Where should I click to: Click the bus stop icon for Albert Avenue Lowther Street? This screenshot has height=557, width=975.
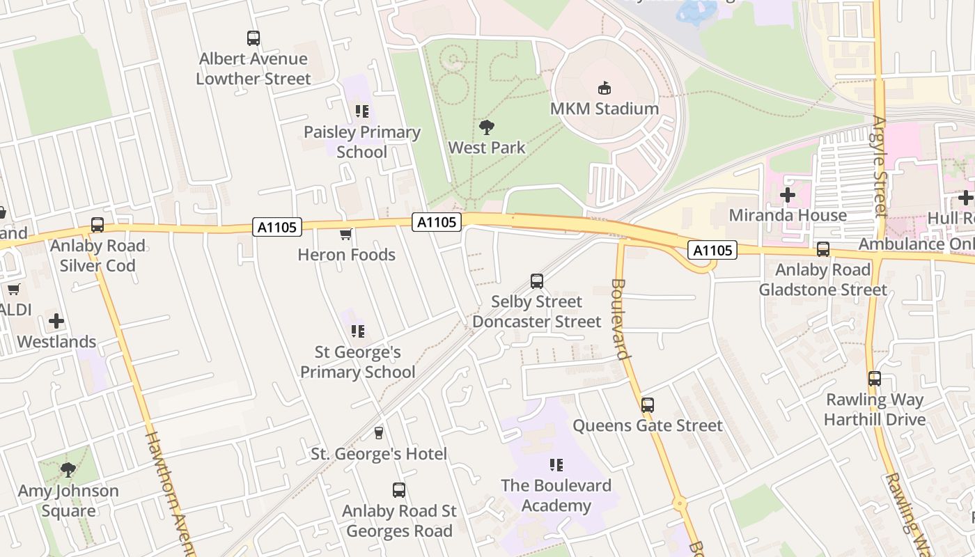(253, 38)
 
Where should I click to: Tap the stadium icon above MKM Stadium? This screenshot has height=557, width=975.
(604, 88)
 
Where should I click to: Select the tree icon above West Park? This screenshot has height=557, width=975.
(487, 127)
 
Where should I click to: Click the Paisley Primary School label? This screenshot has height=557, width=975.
(362, 142)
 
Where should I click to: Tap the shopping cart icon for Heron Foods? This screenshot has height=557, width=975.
(345, 235)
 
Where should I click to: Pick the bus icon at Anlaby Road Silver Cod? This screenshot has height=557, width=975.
(97, 225)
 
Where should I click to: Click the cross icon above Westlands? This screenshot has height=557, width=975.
(56, 321)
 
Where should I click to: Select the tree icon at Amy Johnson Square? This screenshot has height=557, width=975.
(68, 470)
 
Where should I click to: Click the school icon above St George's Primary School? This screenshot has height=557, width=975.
(358, 331)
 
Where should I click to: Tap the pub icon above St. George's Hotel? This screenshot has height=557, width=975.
(378, 433)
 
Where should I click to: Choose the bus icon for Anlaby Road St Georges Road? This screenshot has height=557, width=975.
(398, 490)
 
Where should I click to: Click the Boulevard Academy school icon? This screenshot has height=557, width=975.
(556, 464)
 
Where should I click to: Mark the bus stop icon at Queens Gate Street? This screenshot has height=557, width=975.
(648, 405)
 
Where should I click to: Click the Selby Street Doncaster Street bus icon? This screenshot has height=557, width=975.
(536, 281)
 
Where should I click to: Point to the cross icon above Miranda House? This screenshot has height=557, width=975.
(788, 195)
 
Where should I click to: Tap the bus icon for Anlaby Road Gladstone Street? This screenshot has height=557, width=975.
(823, 249)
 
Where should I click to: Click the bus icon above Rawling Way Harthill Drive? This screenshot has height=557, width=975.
(875, 379)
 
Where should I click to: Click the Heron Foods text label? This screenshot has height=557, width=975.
(346, 255)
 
